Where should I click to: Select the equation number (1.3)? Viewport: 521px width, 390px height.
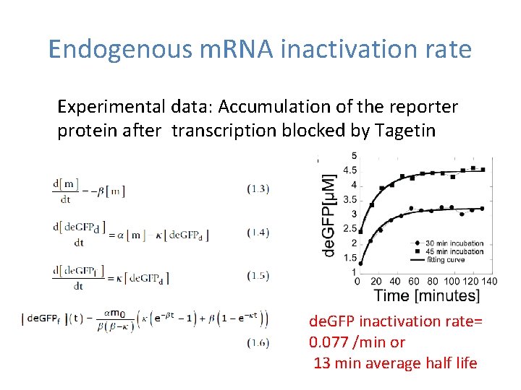coord(258,188)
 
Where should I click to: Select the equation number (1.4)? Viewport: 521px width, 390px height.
coord(258,232)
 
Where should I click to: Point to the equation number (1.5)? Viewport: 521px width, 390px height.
coord(258,275)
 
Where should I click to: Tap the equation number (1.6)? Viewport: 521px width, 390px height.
coord(258,343)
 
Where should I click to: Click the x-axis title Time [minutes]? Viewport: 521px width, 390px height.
coord(427,295)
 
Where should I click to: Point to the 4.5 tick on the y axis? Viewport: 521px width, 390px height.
coord(349,170)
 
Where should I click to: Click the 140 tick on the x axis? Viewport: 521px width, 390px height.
coord(489,281)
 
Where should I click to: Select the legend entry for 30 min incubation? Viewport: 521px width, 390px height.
coord(454,243)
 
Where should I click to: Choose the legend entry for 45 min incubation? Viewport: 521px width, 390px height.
coord(454,251)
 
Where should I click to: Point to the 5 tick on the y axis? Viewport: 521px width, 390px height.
coord(353,156)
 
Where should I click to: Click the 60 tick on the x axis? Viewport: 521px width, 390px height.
coord(413,281)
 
